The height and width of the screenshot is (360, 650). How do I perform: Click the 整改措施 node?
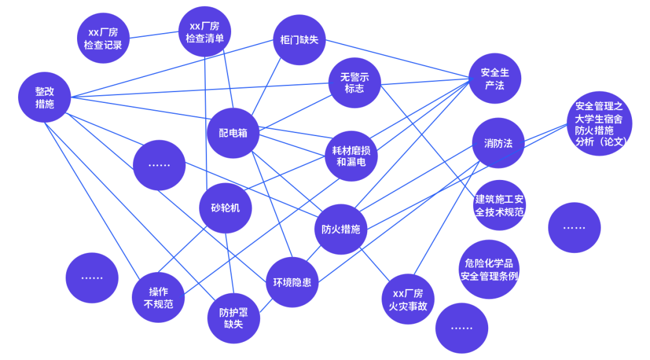tap(45, 98)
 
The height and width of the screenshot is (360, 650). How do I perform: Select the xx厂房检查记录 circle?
tap(104, 39)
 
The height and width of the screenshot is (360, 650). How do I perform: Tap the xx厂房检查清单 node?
tap(205, 32)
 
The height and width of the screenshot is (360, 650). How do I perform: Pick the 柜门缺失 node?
tap(299, 40)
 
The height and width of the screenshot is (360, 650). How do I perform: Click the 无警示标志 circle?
tap(354, 83)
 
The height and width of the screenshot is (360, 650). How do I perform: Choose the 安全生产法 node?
tap(495, 79)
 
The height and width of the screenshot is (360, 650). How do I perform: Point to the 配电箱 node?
tap(233, 133)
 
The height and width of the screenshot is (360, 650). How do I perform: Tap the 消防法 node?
tap(498, 143)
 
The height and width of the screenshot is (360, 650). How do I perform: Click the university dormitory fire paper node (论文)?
tap(599, 124)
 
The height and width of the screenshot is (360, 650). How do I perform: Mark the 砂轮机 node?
tap(224, 208)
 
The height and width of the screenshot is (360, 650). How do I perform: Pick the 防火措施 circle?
tap(341, 229)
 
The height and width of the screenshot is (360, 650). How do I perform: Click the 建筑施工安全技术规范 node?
tap(500, 205)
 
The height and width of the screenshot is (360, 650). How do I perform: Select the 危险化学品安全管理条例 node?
tap(489, 270)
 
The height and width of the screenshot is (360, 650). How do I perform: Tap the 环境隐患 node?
tap(292, 282)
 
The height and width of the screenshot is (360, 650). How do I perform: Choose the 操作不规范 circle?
tap(158, 297)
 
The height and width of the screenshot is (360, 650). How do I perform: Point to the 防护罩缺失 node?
tap(234, 318)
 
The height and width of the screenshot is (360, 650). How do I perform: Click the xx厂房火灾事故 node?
tap(408, 299)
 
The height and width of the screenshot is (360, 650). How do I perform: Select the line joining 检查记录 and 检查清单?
tap(154, 36)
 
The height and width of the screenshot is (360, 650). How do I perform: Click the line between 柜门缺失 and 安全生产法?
tap(397, 59)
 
